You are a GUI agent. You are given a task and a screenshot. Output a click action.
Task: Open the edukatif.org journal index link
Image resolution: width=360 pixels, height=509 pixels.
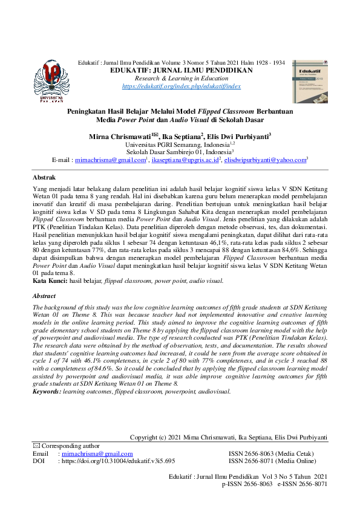coord(182,86)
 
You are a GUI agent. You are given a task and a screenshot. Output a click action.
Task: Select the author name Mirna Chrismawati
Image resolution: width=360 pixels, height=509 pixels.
coord(118,137)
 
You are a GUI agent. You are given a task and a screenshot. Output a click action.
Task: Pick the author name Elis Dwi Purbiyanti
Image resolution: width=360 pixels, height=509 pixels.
coord(238,137)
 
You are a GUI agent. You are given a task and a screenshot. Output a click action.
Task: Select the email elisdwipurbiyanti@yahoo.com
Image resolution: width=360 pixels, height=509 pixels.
coord(257,161)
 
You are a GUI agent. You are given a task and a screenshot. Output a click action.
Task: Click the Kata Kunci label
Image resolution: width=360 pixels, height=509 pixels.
coord(49,281)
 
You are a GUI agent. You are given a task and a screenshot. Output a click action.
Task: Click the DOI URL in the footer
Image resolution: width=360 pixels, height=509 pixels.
coord(119,461)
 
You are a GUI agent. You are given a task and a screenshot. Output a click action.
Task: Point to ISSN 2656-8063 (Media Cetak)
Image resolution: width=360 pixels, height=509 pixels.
coord(276,453)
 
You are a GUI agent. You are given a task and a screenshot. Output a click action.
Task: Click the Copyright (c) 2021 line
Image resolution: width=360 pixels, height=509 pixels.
coord(229,437)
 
